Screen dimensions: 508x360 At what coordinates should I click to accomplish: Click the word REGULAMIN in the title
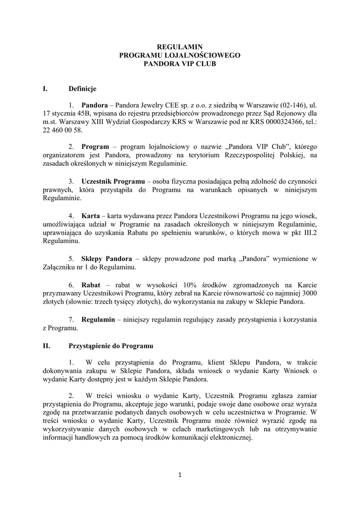click(180, 47)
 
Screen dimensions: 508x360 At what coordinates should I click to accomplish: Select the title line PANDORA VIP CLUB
click(180, 64)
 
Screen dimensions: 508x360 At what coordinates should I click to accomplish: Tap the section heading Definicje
click(82, 89)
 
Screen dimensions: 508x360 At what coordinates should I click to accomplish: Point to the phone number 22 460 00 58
click(61, 130)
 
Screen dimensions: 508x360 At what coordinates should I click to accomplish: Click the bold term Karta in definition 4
click(90, 217)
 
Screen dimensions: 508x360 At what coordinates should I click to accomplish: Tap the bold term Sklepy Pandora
click(107, 259)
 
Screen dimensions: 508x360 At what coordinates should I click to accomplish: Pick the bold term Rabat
click(90, 285)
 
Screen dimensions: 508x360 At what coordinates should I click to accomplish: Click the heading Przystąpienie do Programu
click(111, 345)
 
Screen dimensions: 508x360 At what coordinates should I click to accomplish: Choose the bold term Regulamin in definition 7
click(99, 320)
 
